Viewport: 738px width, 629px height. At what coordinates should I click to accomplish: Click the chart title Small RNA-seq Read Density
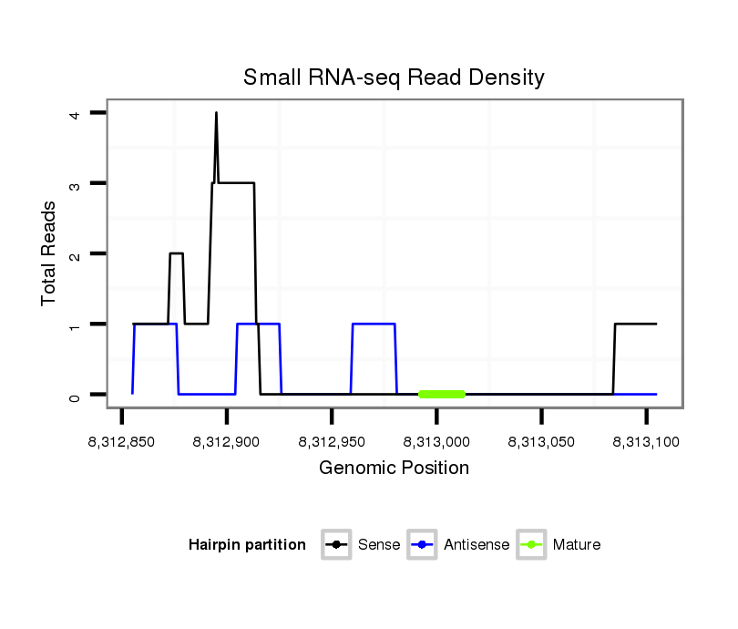(394, 77)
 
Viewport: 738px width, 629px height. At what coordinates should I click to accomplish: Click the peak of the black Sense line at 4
(216, 113)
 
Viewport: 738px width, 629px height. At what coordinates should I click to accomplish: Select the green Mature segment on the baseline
(442, 394)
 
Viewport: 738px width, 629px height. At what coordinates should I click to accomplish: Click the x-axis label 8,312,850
(122, 441)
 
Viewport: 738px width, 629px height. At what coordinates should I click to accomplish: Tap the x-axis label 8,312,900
(227, 441)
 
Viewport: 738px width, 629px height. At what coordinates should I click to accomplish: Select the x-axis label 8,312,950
(332, 441)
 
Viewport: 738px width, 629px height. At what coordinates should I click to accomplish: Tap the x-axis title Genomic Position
(394, 469)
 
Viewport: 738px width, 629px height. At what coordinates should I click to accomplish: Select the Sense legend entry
(362, 545)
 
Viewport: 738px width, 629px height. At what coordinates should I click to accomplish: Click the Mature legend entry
(559, 545)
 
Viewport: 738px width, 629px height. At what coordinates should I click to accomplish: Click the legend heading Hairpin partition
(247, 545)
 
